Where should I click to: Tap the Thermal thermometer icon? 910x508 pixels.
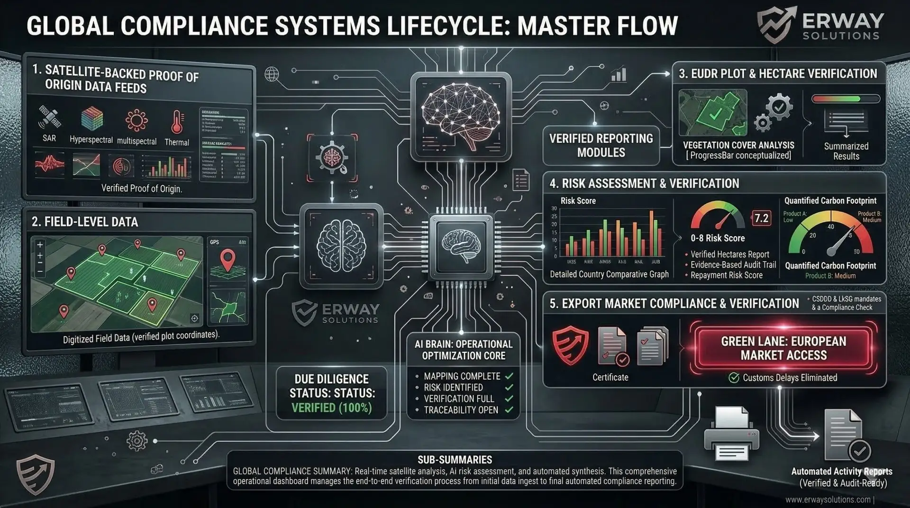point(177,121)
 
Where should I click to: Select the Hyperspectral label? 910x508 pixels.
point(91,140)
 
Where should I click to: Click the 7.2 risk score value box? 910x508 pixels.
point(761,218)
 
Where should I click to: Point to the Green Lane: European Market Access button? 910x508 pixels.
point(783,348)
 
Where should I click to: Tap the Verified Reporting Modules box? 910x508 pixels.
point(601,145)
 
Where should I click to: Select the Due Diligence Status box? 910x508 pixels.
point(332,393)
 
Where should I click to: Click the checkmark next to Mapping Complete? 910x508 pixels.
point(509,376)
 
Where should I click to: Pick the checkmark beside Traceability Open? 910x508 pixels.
point(509,410)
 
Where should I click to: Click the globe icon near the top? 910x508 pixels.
point(272,73)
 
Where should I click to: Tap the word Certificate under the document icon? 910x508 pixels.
point(610,378)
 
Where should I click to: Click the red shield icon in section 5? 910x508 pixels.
point(570,347)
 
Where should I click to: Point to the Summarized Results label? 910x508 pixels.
point(846,151)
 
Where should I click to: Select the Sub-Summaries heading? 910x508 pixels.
point(455,460)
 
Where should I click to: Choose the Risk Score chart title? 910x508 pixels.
point(578,201)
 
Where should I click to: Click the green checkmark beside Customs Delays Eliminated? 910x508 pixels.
point(734,378)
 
